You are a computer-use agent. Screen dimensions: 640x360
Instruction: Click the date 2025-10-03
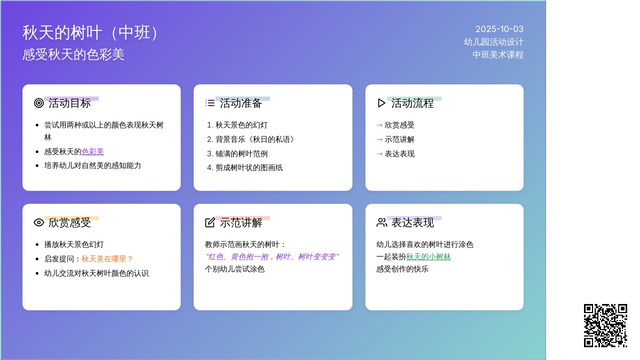tap(499, 29)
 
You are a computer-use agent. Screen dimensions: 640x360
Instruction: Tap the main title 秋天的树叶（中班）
tap(91, 33)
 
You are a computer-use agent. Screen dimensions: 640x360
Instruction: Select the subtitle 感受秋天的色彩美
tap(74, 54)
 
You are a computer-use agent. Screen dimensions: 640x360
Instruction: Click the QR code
tap(605, 325)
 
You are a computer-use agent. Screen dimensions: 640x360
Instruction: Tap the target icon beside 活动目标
tap(39, 103)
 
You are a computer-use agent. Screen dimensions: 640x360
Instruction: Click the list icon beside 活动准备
tap(210, 103)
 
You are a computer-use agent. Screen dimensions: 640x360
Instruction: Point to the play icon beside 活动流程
tap(381, 103)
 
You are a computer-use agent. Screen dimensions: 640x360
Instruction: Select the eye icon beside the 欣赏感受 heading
tap(39, 222)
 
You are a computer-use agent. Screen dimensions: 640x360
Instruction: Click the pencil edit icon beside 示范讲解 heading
tap(210, 222)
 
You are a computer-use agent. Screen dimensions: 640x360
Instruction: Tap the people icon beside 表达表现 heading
tap(382, 222)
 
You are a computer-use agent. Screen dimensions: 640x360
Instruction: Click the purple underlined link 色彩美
tap(93, 151)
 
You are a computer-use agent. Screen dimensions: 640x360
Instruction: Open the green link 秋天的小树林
tap(429, 257)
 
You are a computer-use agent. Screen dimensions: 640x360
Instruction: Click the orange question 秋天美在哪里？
tap(107, 259)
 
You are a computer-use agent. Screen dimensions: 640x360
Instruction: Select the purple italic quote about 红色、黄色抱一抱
tap(272, 257)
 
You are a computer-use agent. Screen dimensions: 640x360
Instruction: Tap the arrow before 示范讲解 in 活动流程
tap(379, 139)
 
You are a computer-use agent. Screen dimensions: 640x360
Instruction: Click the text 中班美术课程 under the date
tap(498, 54)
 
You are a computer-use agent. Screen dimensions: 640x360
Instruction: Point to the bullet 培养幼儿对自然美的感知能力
tap(93, 166)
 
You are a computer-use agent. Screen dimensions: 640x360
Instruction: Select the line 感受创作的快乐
tap(402, 269)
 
